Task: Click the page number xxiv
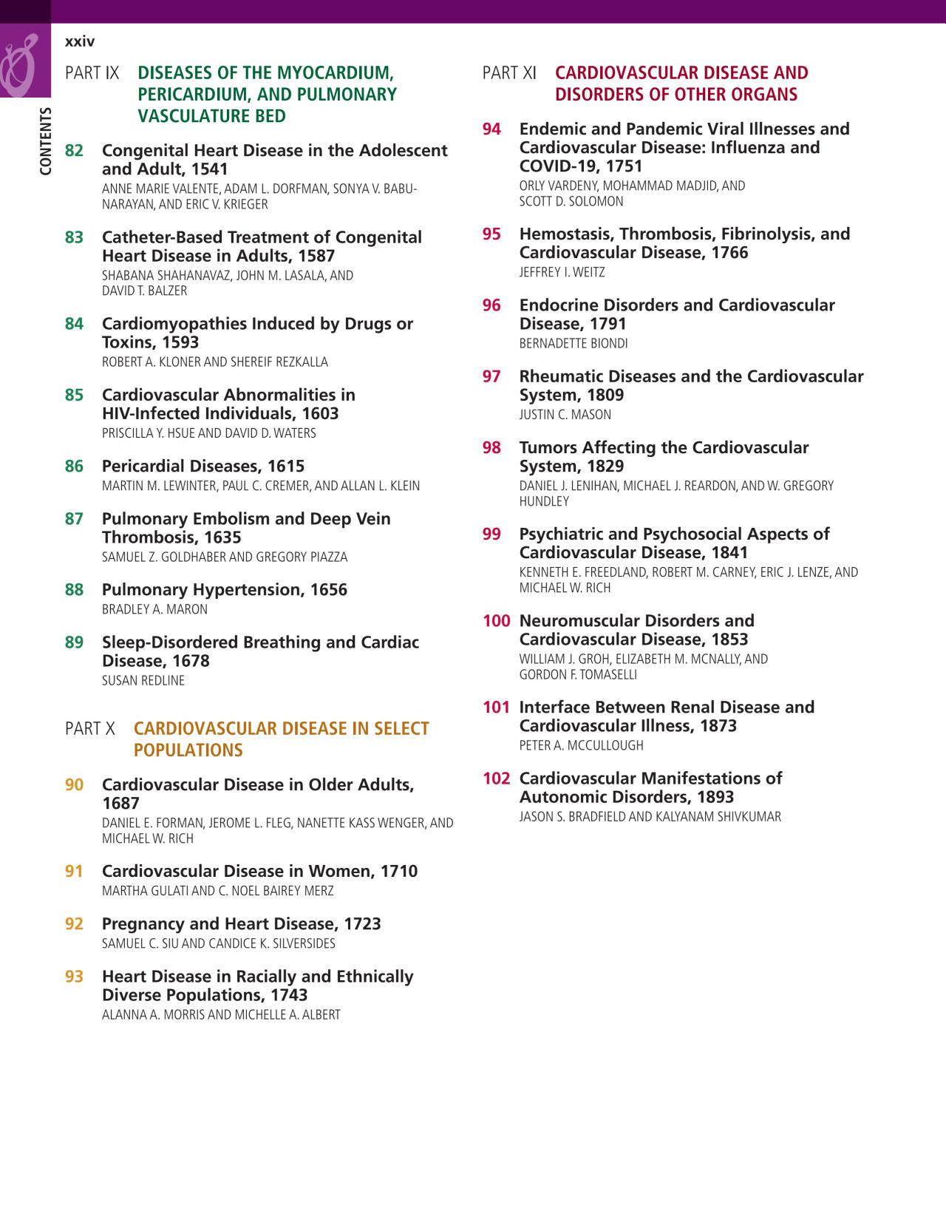coord(80,42)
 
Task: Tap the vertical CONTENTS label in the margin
coord(46,141)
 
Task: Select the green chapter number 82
coord(74,151)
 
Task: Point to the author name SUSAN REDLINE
coord(143,681)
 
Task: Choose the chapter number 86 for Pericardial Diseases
coord(74,467)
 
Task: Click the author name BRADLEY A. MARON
coord(154,610)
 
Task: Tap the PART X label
coord(90,729)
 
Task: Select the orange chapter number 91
coord(74,872)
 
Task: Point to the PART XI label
coord(509,73)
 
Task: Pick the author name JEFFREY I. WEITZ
coord(562,273)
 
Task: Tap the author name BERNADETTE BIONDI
coord(574,344)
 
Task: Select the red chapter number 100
coord(496,621)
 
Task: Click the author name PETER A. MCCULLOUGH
coord(581,746)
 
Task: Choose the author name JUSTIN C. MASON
coord(565,415)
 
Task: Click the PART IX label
coord(92,73)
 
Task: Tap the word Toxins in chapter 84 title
coord(129,342)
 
